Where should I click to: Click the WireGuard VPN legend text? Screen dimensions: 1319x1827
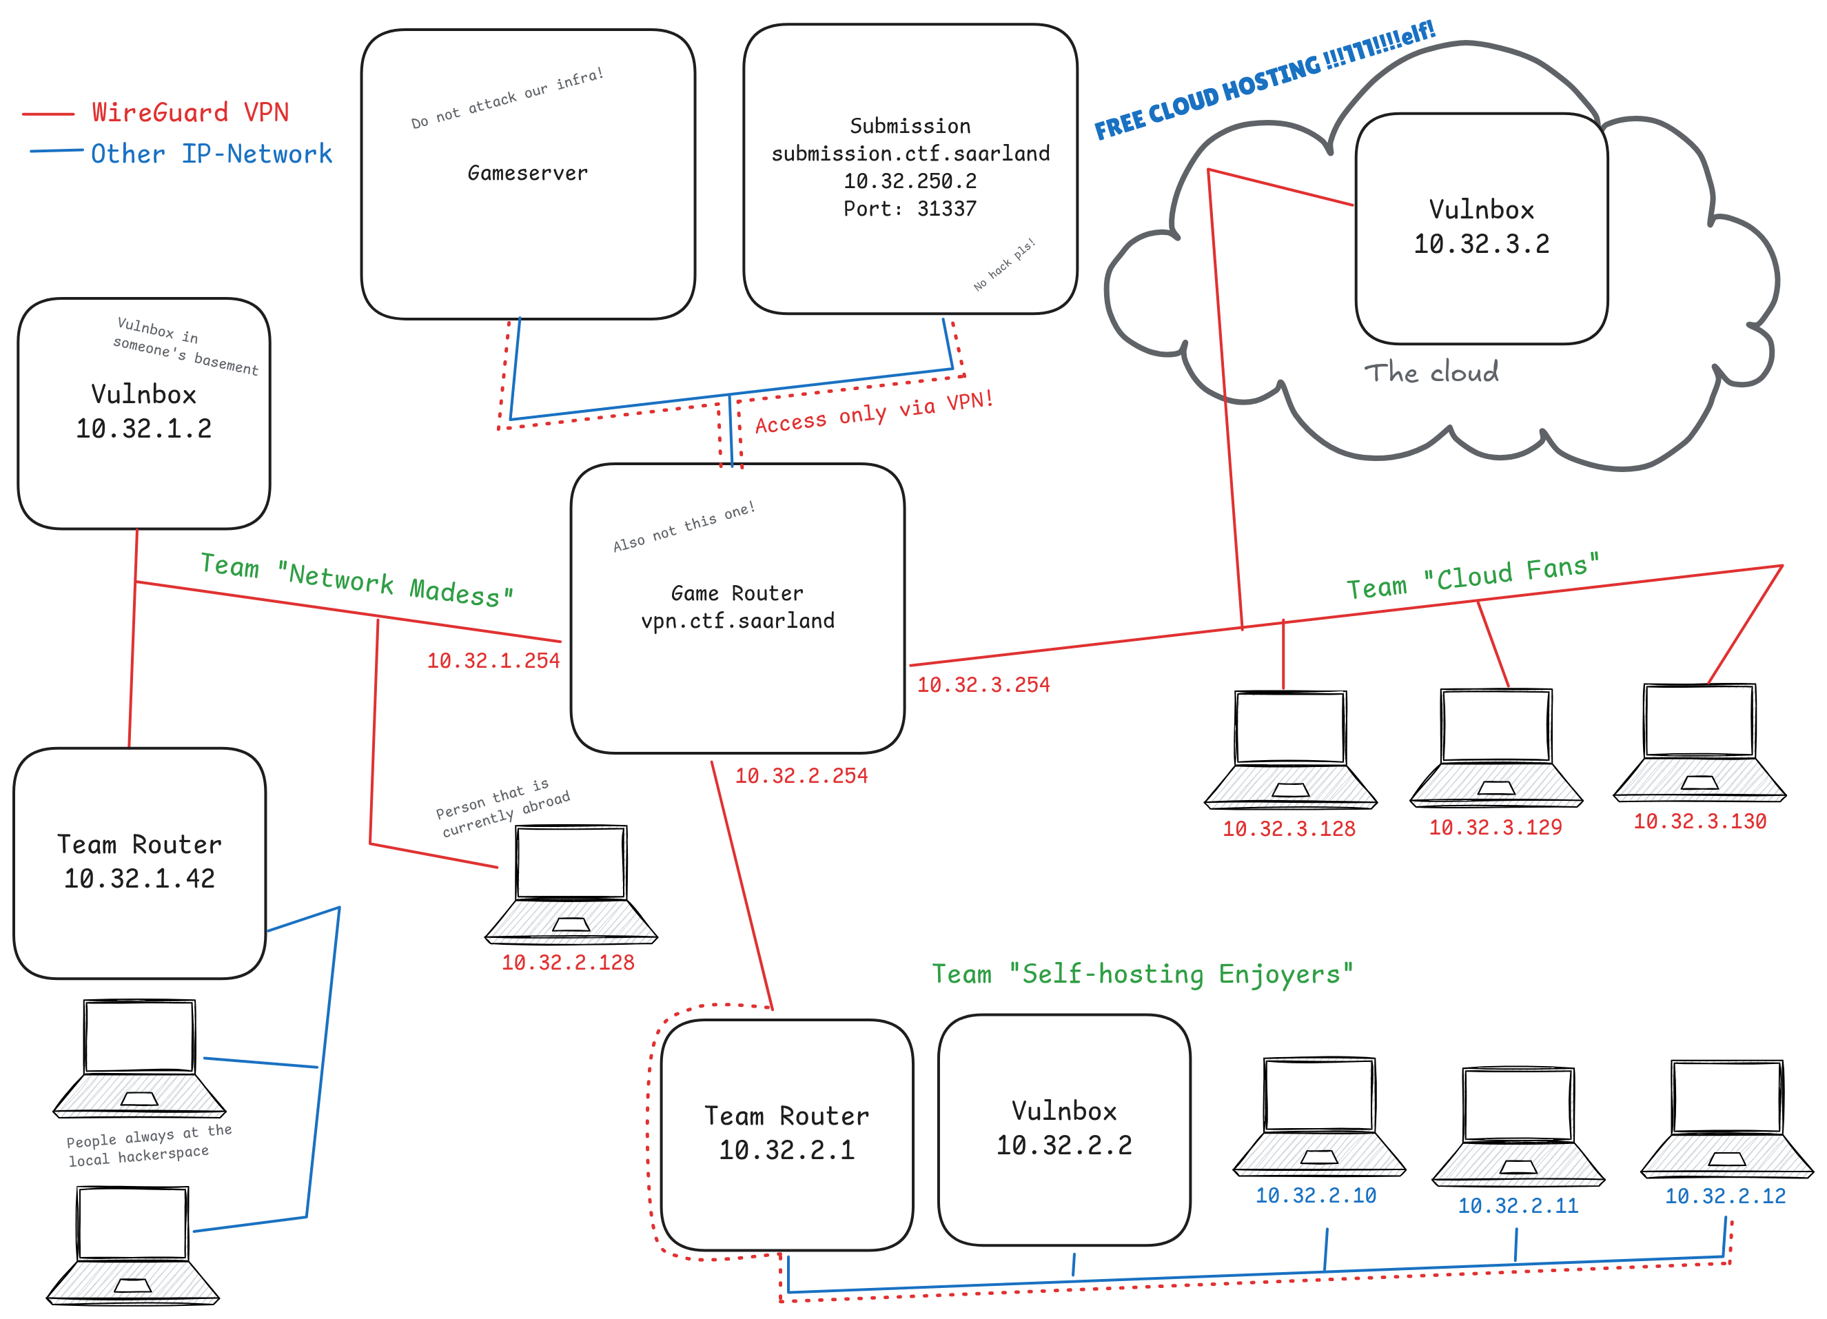coord(190,112)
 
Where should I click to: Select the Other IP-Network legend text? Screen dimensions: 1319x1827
coord(211,153)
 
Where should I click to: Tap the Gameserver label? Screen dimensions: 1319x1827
coord(528,172)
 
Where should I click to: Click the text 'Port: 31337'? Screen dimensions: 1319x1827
coord(910,209)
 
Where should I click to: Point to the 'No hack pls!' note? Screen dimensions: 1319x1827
coord(1003,265)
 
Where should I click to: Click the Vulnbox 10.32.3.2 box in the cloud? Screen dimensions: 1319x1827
coord(1482,228)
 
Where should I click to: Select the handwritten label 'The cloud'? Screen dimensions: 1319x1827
coord(1431,372)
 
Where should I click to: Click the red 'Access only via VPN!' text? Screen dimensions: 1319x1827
coord(874,413)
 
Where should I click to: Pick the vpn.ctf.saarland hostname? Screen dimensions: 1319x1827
coord(737,620)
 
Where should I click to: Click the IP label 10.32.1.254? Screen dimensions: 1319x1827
coord(493,661)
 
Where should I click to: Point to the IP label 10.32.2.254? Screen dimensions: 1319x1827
coord(801,776)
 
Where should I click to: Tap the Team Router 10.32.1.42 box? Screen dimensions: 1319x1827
coord(139,863)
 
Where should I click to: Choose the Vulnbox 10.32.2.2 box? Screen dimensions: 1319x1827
coord(1064,1129)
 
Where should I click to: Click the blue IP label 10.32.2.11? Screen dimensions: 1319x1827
coord(1518,1205)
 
